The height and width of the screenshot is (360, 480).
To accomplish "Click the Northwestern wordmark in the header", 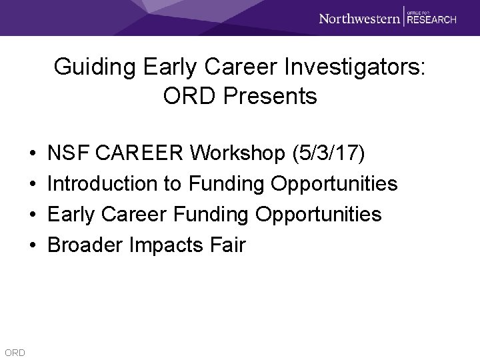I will click(x=359, y=18).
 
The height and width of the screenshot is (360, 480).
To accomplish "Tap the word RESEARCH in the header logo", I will click(x=432, y=20).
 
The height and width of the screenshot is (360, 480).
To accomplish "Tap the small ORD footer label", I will click(x=14, y=352).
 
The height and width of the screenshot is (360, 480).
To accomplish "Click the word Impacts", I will click(x=166, y=245).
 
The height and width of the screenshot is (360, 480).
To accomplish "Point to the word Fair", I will click(x=228, y=245).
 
